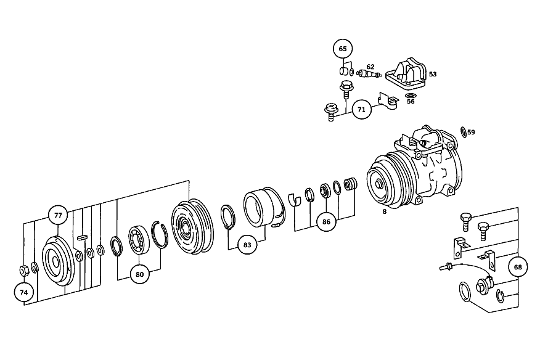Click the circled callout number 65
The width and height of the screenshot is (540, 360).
tap(343, 49)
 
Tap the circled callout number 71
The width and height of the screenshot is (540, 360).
tap(361, 110)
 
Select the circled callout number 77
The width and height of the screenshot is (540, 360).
tap(58, 215)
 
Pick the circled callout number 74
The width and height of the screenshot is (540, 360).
tap(24, 292)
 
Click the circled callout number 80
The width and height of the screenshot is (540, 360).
tap(139, 274)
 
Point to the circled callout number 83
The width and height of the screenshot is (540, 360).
tap(247, 245)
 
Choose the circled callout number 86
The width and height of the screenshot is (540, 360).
tap(326, 222)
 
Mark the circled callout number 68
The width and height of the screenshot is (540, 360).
tap(518, 267)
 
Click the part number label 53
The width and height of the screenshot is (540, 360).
tap(433, 74)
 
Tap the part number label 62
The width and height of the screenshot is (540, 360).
tap(370, 67)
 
